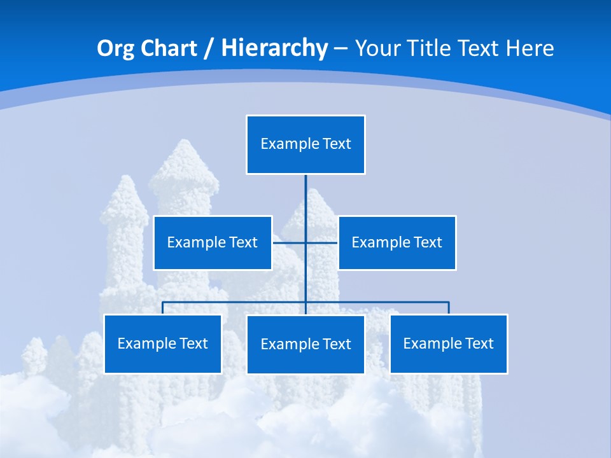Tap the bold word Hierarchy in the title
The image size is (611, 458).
(274, 48)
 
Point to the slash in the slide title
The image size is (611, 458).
(209, 48)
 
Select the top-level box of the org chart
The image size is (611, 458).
(305, 144)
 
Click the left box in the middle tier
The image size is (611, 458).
(213, 242)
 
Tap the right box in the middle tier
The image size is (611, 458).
(397, 242)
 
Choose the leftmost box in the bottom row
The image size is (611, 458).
(162, 343)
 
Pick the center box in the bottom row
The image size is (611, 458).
(305, 344)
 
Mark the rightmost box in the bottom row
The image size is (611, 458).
(449, 343)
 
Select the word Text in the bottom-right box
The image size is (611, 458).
(479, 343)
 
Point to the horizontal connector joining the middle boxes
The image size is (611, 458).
(289, 242)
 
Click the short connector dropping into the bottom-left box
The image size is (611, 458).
(162, 308)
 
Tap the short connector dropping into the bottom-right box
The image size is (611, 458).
(449, 308)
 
